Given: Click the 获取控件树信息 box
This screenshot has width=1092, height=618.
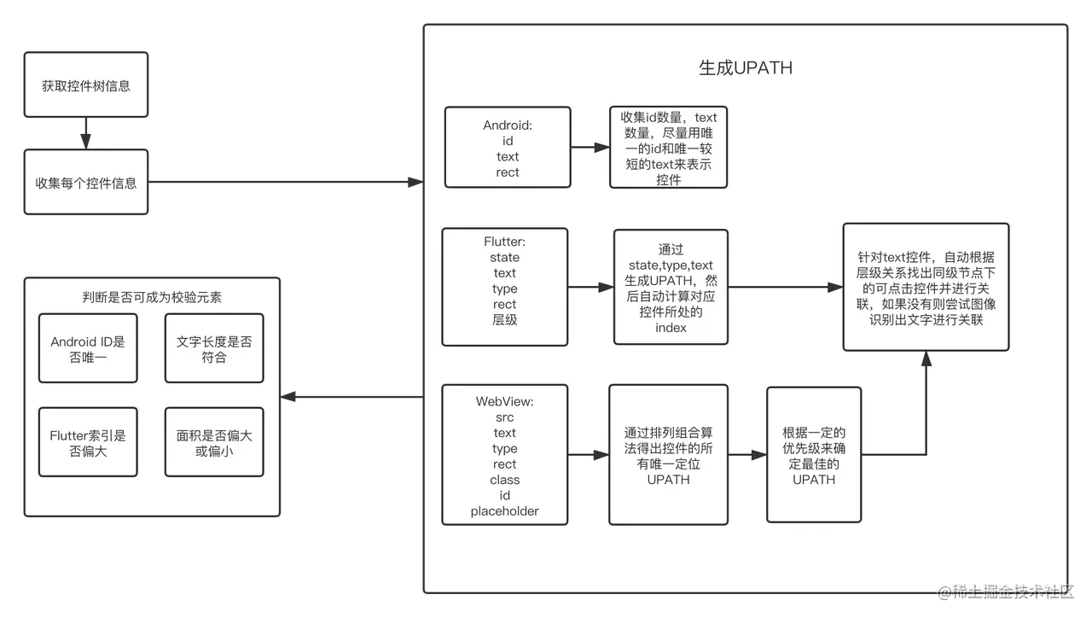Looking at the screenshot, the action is click(x=86, y=86).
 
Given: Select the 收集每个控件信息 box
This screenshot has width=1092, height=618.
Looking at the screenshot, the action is click(x=86, y=183).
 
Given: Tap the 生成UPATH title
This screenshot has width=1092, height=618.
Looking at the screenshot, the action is click(x=745, y=67).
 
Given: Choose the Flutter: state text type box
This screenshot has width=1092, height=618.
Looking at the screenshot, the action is click(x=504, y=288).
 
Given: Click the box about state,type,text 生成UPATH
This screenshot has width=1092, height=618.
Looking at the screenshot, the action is click(x=671, y=288).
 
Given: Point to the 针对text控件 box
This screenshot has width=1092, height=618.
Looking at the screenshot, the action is click(x=926, y=288).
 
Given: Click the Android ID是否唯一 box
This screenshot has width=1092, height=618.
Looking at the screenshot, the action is click(x=88, y=349).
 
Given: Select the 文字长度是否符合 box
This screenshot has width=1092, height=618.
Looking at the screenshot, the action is click(x=214, y=349).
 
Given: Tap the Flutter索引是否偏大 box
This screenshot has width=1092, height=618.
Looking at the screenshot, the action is click(x=88, y=443).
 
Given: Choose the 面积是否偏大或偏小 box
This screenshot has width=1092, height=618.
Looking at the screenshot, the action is click(x=214, y=443).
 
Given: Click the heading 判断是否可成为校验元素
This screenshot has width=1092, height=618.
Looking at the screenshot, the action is click(x=153, y=296).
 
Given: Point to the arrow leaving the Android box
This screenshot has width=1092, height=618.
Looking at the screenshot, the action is click(x=590, y=148).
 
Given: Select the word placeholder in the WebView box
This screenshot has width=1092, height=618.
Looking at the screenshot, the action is click(x=504, y=511).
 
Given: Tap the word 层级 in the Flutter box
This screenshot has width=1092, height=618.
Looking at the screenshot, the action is click(x=504, y=319).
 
